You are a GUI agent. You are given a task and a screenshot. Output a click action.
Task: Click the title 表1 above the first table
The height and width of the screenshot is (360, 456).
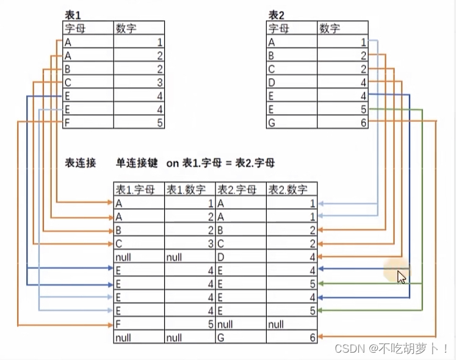pyautogui.click(x=72, y=14)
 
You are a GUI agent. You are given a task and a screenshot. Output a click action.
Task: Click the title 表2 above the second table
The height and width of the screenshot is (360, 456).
pyautogui.click(x=276, y=14)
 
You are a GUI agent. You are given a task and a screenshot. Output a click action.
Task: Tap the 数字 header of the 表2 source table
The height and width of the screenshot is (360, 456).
pyautogui.click(x=330, y=28)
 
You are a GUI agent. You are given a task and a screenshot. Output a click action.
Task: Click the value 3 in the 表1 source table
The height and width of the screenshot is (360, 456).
pyautogui.click(x=159, y=82)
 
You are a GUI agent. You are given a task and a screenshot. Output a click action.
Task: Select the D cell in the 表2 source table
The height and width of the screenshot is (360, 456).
pyautogui.click(x=272, y=82)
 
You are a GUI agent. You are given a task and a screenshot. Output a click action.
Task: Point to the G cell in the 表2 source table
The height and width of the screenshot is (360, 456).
pyautogui.click(x=272, y=122)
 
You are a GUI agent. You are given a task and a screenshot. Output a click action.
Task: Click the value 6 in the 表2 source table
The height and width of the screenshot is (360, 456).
pyautogui.click(x=363, y=122)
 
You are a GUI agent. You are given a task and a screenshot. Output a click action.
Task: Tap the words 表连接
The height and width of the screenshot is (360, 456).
pyautogui.click(x=81, y=163)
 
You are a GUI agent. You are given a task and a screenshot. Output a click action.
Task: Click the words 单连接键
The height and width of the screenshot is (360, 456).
pyautogui.click(x=137, y=163)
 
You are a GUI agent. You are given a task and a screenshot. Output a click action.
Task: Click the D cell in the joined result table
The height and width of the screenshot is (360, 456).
pyautogui.click(x=221, y=257)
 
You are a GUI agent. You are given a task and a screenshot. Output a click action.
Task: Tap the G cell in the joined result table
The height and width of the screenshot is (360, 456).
pyautogui.click(x=221, y=337)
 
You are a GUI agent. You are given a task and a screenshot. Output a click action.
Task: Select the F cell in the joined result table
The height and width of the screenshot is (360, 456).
pyautogui.click(x=118, y=324)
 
